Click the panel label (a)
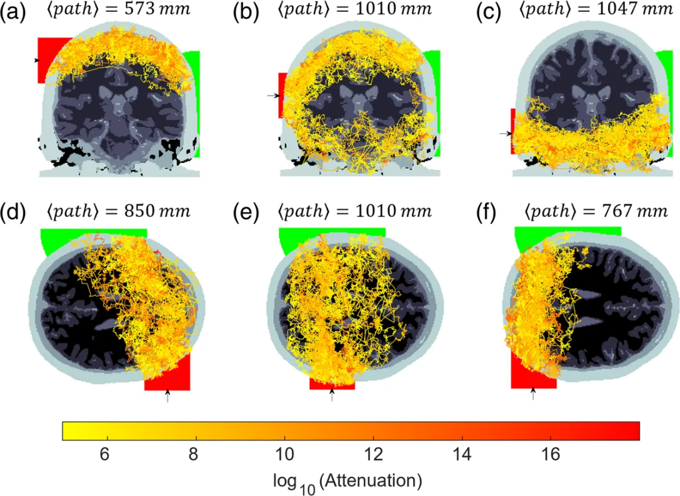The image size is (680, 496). [x=14, y=13]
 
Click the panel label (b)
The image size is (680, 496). [x=245, y=13]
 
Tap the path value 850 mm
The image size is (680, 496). [x=161, y=211]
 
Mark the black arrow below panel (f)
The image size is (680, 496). [x=532, y=393]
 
